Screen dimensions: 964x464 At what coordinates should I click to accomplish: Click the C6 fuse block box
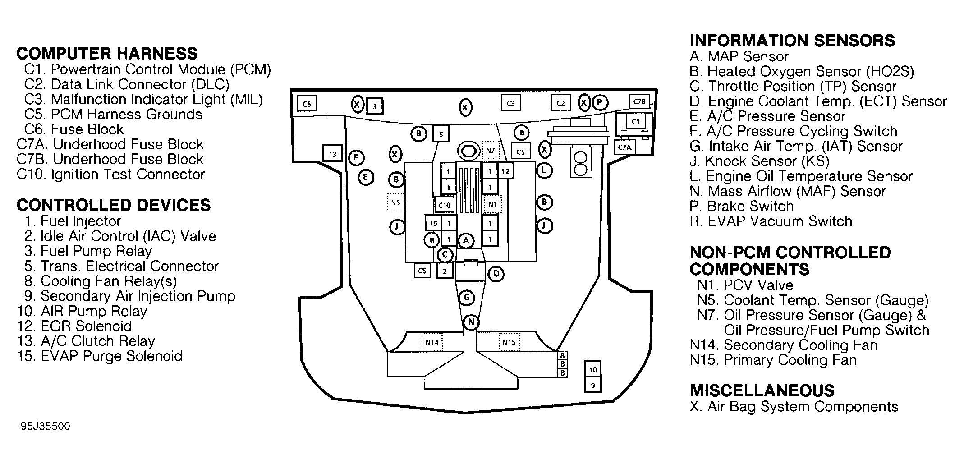point(307,104)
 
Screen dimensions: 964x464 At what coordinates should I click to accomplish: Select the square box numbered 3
point(374,107)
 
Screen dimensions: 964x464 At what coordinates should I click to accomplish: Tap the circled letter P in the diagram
point(600,103)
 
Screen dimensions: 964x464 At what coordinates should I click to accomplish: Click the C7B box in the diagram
point(639,101)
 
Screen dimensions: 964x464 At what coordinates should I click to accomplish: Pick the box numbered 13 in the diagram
point(332,154)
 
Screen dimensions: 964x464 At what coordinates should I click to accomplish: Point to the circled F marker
point(357,157)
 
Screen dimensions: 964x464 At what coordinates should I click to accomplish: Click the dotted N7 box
point(491,150)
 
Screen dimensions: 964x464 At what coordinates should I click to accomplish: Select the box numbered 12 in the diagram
point(505,171)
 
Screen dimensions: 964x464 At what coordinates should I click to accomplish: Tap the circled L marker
point(544,170)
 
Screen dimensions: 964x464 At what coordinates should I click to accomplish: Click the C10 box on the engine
point(445,205)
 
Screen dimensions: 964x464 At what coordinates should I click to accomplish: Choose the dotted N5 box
point(395,202)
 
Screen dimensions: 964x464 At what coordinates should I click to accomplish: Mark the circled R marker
point(432,240)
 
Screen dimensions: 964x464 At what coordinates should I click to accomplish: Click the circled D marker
point(496,274)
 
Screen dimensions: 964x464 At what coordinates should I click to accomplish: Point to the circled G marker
point(467,298)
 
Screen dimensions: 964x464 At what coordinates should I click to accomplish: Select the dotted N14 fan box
point(432,342)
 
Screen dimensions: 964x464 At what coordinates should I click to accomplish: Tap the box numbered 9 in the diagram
point(593,386)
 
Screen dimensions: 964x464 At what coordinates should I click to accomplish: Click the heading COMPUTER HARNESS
point(107,54)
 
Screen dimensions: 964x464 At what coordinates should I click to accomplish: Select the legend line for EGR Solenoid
point(75,326)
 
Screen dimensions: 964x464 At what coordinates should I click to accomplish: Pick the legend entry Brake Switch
point(742,206)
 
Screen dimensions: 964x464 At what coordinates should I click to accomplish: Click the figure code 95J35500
point(45,427)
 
